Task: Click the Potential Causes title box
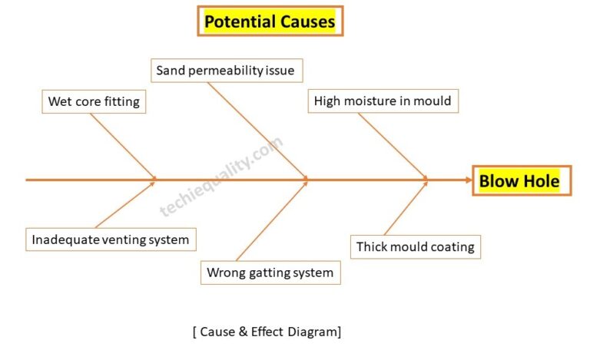click(270, 21)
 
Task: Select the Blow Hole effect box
click(520, 181)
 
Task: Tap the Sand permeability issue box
click(225, 71)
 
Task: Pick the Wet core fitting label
click(94, 101)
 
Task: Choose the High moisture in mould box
click(383, 101)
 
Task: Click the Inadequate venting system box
click(110, 239)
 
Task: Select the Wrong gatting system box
click(270, 272)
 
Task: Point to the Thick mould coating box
click(415, 246)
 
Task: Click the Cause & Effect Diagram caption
click(267, 332)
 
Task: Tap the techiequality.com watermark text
click(221, 177)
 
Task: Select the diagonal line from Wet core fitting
click(123, 146)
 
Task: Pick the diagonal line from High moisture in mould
click(392, 146)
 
